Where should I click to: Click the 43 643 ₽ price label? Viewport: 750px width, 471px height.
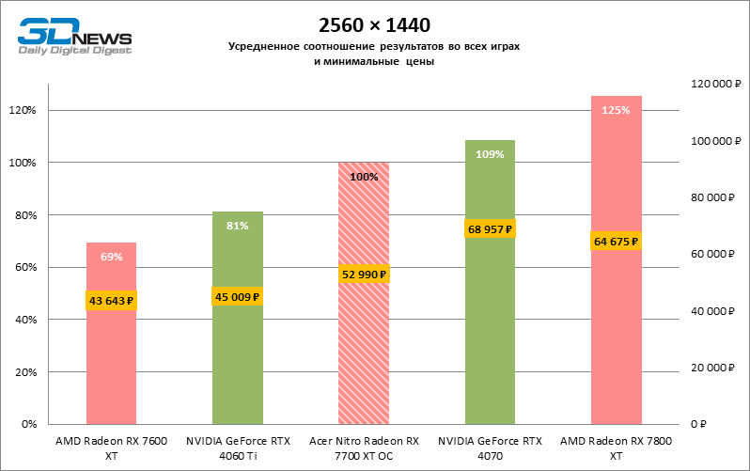pos(112,301)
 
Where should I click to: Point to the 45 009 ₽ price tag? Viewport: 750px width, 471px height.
pos(237,296)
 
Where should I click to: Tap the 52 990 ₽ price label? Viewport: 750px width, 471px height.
pos(363,275)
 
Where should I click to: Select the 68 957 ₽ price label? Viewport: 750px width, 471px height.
pos(490,228)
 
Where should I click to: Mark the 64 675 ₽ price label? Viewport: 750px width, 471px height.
pos(616,242)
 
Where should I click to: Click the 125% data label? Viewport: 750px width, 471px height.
pos(616,110)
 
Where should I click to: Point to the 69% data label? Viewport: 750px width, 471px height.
pos(112,257)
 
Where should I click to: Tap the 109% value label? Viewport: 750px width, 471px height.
pos(490,154)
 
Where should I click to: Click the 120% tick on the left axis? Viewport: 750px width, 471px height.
pos(22,111)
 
